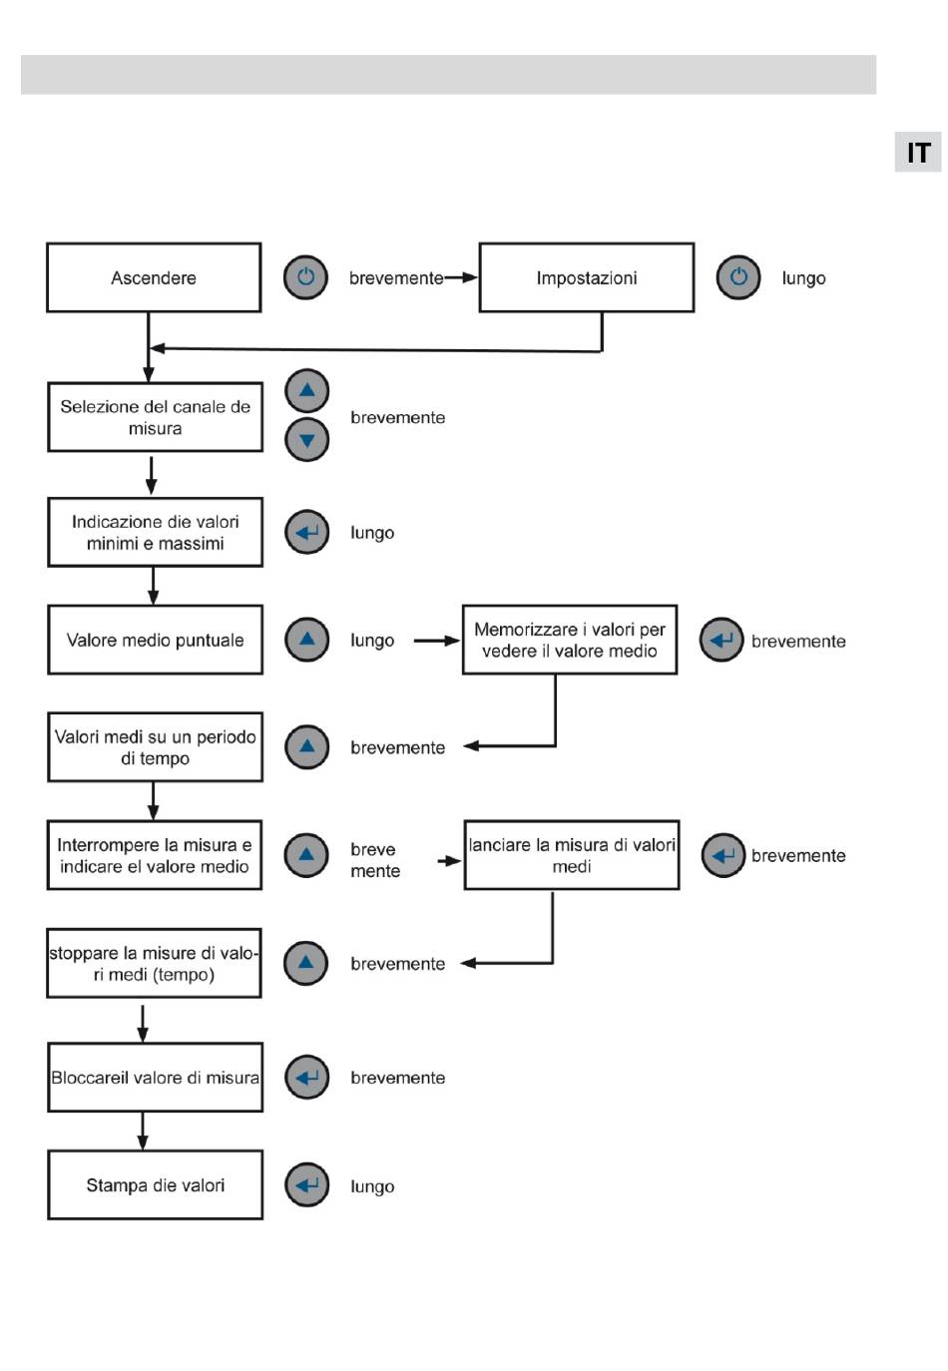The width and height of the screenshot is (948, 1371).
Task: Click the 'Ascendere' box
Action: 154,277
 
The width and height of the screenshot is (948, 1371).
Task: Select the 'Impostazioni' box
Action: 587,277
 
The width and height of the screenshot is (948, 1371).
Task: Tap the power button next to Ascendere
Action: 305,277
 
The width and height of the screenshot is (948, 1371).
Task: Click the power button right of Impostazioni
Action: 738,277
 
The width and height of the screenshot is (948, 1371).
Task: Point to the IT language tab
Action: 917,152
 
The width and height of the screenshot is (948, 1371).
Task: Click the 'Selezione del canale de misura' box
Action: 155,417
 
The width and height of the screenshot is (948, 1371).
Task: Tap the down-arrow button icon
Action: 306,439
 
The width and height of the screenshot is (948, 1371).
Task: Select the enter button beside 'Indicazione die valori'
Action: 306,532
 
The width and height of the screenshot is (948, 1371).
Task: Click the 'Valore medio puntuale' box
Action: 155,640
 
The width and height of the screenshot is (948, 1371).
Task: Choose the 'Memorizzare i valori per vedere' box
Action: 569,640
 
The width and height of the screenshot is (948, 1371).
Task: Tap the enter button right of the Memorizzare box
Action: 721,640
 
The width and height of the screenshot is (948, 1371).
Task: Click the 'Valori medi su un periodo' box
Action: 155,746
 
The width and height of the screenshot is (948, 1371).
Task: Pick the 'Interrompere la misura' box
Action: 155,855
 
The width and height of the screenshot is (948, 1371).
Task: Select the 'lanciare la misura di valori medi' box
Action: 572,855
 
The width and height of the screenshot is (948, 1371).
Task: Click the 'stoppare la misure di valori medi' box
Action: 154,963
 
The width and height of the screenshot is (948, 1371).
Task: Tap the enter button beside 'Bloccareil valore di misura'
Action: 306,1078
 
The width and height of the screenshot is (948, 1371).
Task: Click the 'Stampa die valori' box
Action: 155,1185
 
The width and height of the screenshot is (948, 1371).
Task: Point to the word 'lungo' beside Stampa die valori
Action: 372,1186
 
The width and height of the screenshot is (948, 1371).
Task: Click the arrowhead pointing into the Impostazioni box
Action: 470,277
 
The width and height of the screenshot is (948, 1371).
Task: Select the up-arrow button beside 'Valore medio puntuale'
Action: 306,640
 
